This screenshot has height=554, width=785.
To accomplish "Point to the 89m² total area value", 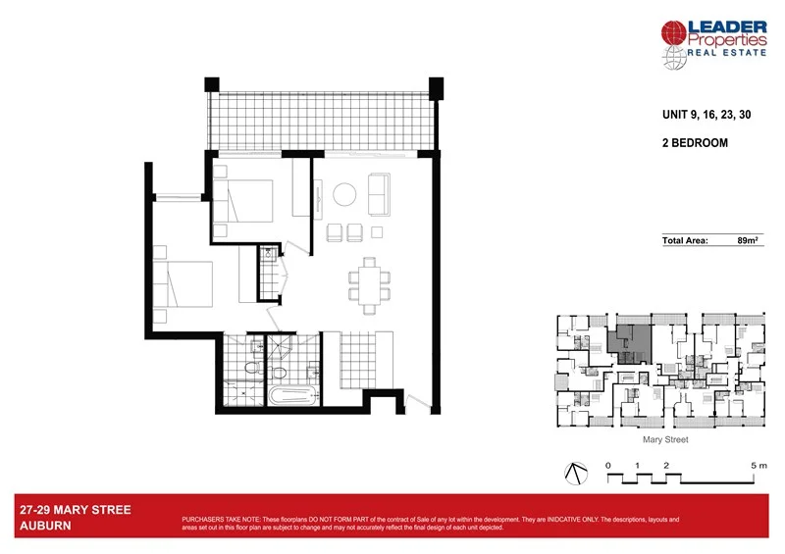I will (749, 239).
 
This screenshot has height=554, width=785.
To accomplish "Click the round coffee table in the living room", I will (345, 194).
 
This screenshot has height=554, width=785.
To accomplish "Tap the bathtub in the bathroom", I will (290, 398).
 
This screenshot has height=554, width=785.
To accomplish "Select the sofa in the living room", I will (378, 195).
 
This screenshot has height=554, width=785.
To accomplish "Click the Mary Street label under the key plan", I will (665, 440).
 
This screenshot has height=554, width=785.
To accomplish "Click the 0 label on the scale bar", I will (608, 464).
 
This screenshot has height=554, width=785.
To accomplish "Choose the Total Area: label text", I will (685, 239).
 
